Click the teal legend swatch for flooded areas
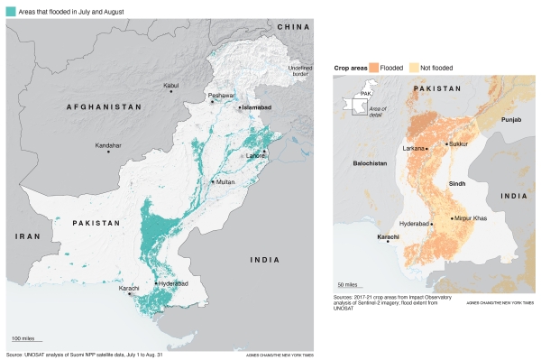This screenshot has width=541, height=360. coord(11,11)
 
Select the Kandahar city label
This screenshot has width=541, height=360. coord(108,144)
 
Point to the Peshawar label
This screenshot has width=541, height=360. coord(221,95)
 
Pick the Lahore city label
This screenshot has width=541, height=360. coord(254,155)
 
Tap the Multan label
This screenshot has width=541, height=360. coord(224,181)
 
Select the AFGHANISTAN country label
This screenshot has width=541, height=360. coord(105,106)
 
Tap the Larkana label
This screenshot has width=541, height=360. coord(414,146)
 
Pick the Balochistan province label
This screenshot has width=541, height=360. coord(369,164)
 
